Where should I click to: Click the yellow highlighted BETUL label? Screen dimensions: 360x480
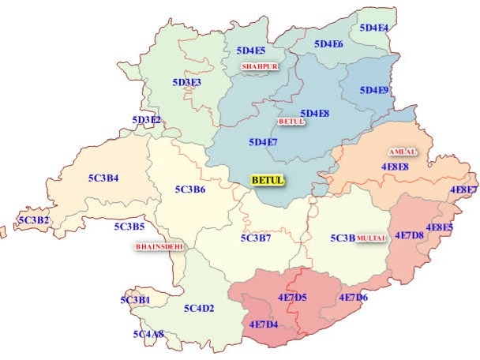267,180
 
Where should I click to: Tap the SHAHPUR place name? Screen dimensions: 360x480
260,67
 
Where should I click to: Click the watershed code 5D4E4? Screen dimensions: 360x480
373,28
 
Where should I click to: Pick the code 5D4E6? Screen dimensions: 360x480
328,44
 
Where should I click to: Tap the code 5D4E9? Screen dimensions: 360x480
373,90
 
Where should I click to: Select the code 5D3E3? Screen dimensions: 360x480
187,82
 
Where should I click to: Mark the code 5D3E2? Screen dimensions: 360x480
147,120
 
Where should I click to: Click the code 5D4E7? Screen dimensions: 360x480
262,142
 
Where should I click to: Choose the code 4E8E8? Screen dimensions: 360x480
394,167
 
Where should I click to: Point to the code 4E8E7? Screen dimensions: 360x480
463,190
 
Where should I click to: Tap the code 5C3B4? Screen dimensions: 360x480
103,178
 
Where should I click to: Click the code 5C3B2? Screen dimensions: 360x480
34,219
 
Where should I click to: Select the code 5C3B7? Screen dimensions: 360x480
256,238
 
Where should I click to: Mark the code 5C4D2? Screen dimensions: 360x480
199,308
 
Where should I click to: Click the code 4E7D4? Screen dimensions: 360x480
262,324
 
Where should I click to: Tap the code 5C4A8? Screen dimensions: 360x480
148,334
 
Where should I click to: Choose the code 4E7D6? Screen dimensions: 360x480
354,297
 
